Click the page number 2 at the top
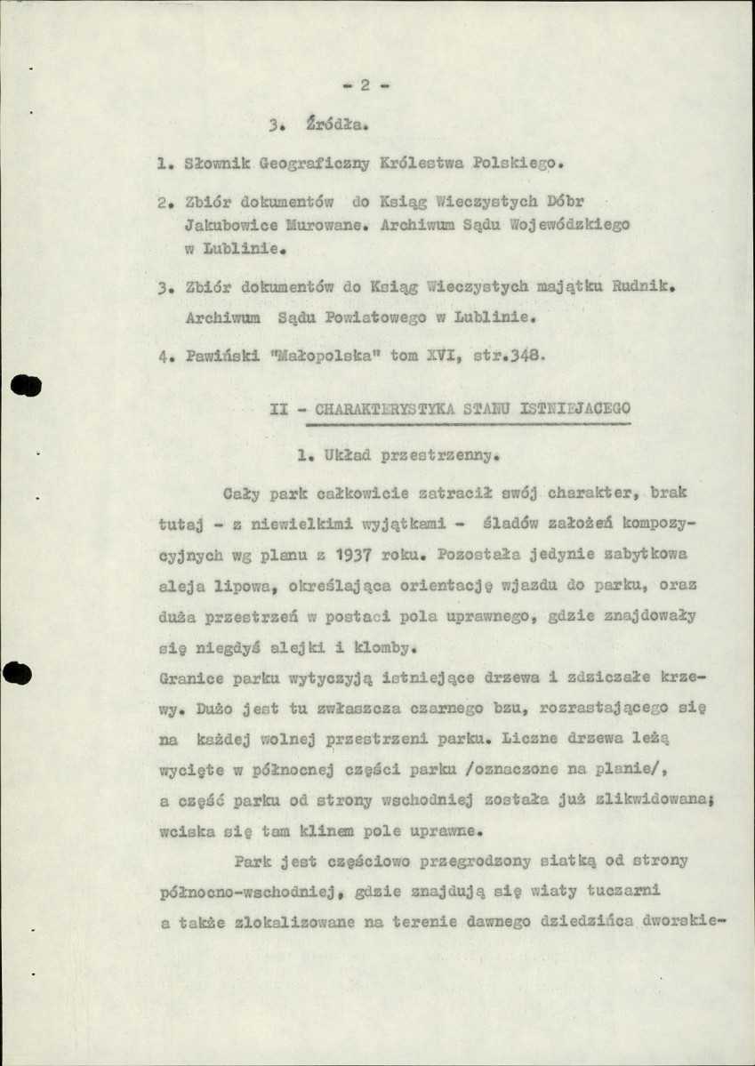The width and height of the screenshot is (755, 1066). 365,85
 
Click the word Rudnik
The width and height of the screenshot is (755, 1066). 646,286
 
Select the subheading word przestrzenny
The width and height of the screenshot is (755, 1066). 436,457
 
